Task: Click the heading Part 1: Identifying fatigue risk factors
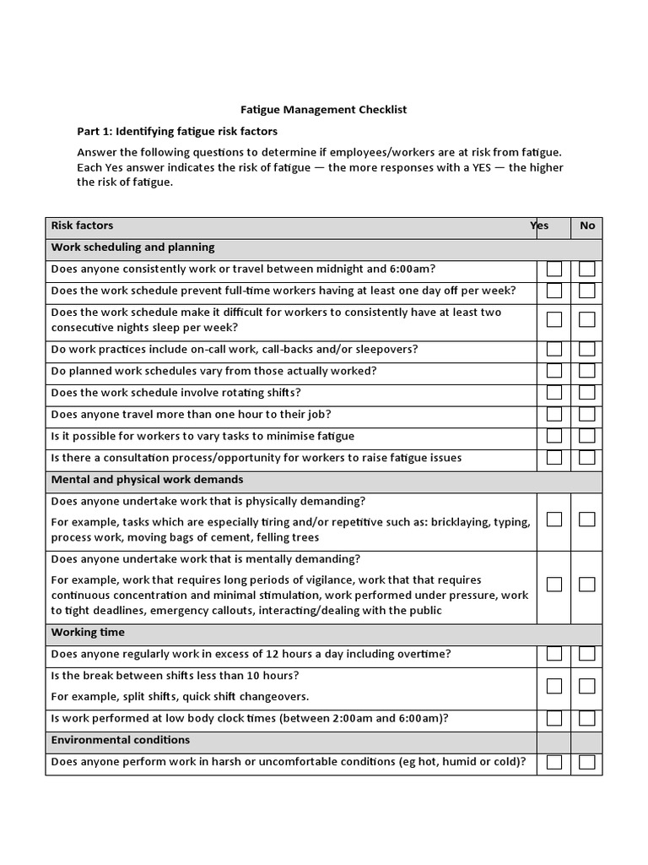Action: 177,131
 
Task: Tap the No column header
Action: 587,226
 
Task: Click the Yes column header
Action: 540,226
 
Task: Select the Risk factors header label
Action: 82,226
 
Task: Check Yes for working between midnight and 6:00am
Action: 554,269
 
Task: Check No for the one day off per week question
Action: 587,291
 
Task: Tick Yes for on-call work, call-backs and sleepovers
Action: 554,349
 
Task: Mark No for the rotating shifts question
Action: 587,393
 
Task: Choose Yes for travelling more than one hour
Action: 554,414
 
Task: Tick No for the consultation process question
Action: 587,458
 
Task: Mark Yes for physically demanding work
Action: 554,520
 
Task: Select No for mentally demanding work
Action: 587,585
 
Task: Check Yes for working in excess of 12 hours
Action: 554,654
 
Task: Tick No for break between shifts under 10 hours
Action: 587,686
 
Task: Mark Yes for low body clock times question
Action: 554,719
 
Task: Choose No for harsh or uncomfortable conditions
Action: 587,762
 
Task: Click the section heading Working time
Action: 88,632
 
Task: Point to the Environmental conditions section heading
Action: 121,740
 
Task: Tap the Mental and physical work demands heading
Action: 147,479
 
